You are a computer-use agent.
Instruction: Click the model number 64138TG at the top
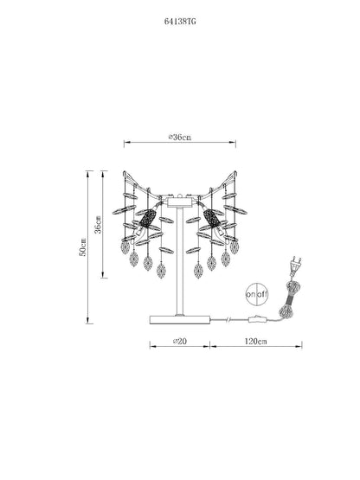point(180,22)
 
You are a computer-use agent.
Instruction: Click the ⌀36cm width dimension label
point(180,138)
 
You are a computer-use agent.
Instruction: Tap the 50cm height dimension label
point(83,247)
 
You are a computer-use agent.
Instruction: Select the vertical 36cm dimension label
point(98,224)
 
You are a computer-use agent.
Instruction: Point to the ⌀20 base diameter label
point(180,341)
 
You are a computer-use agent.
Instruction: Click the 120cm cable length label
point(255,341)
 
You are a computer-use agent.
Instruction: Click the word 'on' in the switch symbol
point(251,295)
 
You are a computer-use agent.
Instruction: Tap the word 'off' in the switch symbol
point(262,295)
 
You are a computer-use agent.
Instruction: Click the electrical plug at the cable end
point(295,265)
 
